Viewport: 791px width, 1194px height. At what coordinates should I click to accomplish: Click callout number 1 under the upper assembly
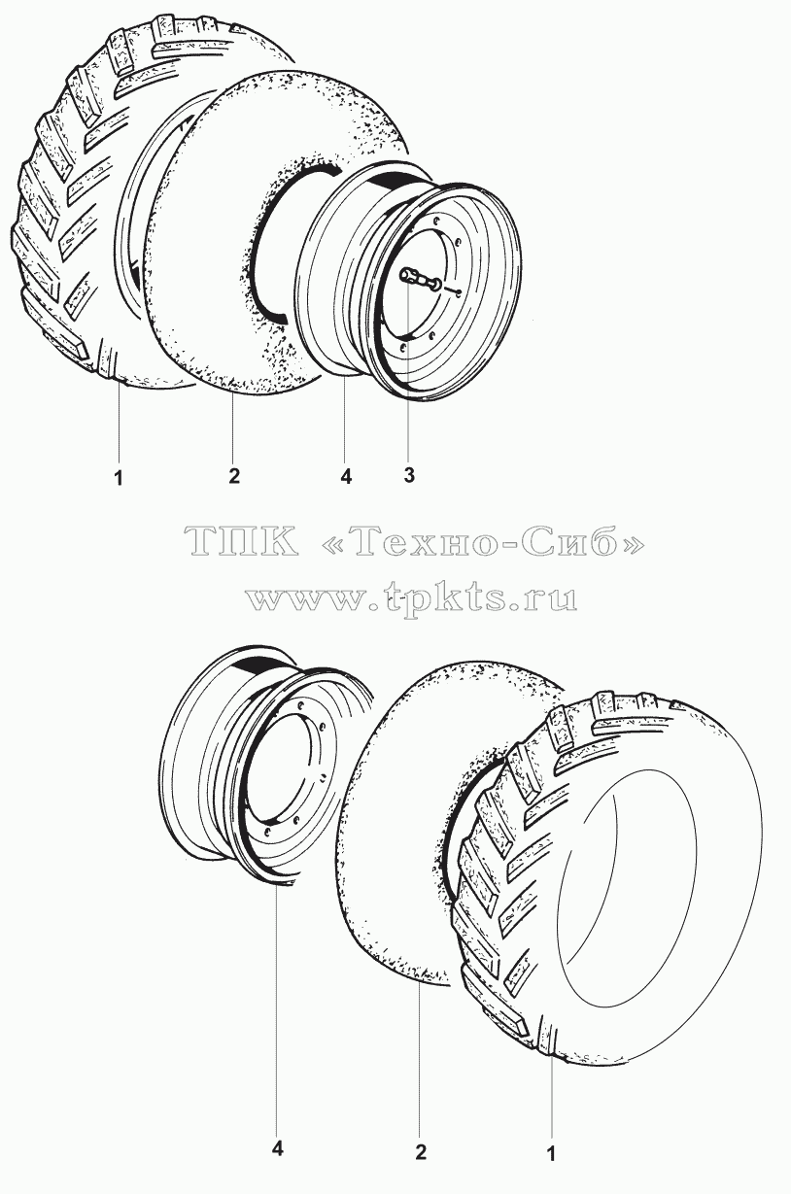[119, 478]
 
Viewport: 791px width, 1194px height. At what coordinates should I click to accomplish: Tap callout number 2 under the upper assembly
[234, 476]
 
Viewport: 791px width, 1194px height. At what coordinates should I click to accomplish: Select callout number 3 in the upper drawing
[409, 475]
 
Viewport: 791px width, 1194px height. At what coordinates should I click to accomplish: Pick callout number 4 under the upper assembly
[346, 477]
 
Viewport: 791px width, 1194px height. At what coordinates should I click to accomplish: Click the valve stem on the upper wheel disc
[421, 280]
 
